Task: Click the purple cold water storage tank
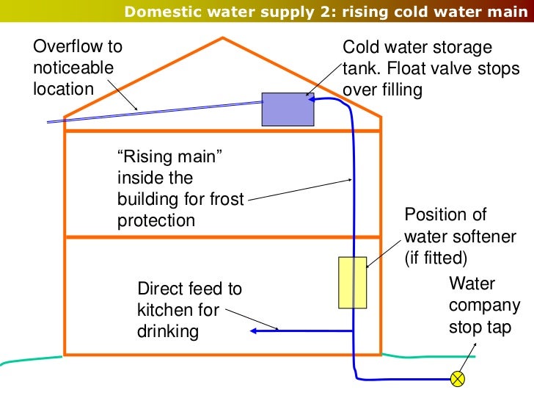(x=288, y=109)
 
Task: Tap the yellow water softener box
(x=352, y=282)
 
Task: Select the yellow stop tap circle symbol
(x=458, y=379)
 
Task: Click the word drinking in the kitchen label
(x=168, y=331)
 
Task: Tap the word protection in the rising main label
(x=156, y=220)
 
